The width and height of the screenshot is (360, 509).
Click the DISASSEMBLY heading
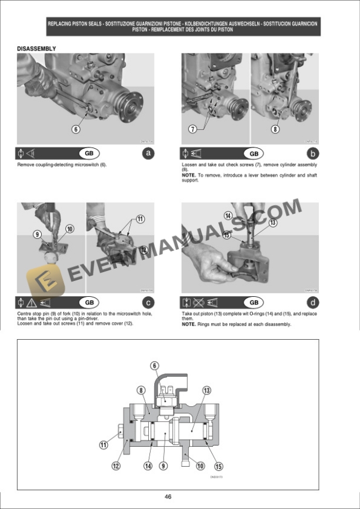click(36, 48)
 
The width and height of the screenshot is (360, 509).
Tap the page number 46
click(168, 497)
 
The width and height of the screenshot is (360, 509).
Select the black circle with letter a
click(148, 153)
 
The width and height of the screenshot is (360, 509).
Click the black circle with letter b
click(313, 153)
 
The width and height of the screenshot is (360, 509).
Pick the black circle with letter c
click(148, 303)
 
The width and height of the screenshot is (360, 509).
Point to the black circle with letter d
click(313, 303)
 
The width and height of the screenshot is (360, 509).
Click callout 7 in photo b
click(192, 129)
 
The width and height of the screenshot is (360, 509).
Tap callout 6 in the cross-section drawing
click(155, 366)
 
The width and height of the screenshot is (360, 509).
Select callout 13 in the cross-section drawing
click(207, 390)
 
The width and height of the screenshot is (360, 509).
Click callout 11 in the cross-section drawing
click(104, 445)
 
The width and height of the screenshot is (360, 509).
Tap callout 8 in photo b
click(275, 129)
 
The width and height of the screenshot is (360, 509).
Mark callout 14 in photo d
click(228, 216)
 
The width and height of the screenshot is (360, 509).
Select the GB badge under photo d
click(254, 303)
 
